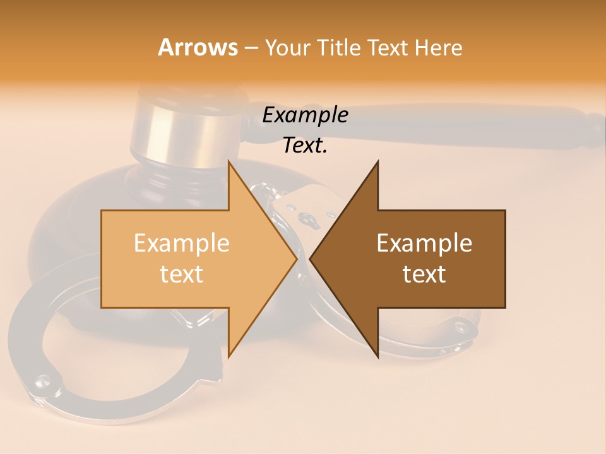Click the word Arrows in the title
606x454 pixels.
pos(198,47)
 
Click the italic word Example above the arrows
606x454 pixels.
pos(305,115)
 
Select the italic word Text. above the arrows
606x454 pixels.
pos(305,145)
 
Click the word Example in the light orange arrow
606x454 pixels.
pos(181,243)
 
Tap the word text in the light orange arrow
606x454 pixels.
pos(181,274)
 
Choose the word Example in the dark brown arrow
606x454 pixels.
pos(424,243)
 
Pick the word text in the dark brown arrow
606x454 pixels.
pos(424,274)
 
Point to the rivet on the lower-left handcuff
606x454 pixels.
pos(42,380)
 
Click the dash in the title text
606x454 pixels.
pos(251,48)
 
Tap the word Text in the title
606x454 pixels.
pos(388,47)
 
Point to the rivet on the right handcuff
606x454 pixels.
pos(460,327)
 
